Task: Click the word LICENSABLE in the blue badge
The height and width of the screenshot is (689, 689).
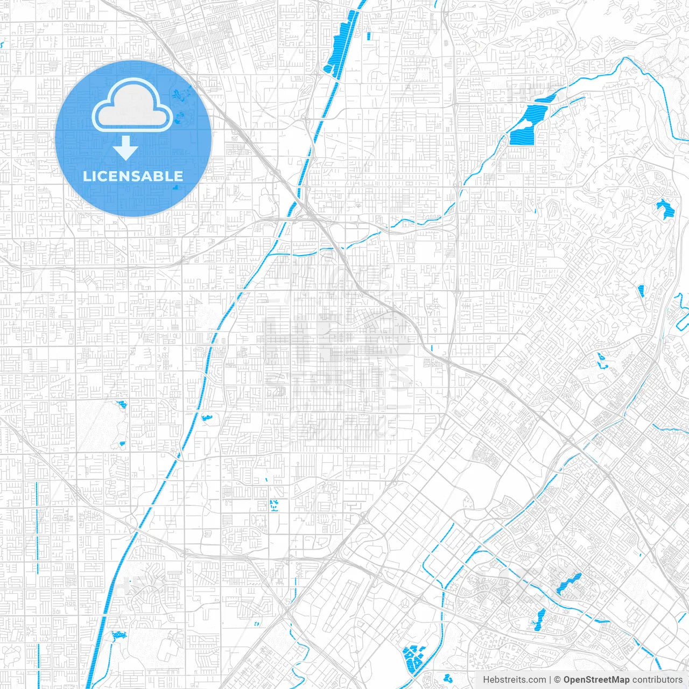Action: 133,176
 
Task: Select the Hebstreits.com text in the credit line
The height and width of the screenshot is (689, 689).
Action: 514,680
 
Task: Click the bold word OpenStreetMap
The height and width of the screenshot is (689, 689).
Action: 596,680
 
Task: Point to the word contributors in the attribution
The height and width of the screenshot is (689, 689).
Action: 657,680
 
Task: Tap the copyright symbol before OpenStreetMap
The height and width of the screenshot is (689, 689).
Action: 557,680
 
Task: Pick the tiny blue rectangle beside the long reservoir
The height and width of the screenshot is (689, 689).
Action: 369,37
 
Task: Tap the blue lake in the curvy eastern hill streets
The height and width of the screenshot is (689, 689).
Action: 665,208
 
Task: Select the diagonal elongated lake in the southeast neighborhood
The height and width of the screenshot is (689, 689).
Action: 568,585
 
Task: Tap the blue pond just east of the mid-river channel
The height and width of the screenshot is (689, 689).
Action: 206,417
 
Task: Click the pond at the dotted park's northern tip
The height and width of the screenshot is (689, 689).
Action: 122,404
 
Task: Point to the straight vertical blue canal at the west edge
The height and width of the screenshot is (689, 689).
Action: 38,528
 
